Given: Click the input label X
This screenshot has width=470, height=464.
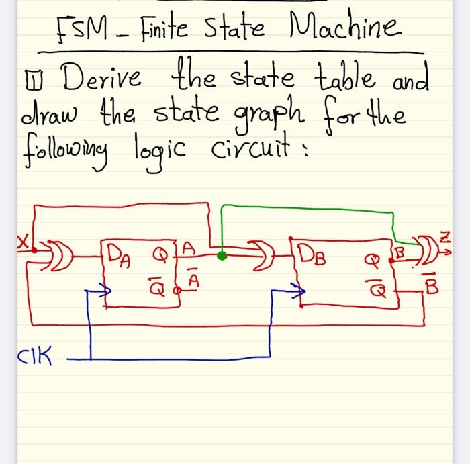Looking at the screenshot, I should pos(23,239).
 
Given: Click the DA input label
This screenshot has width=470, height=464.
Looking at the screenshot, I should pos(119,254).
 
